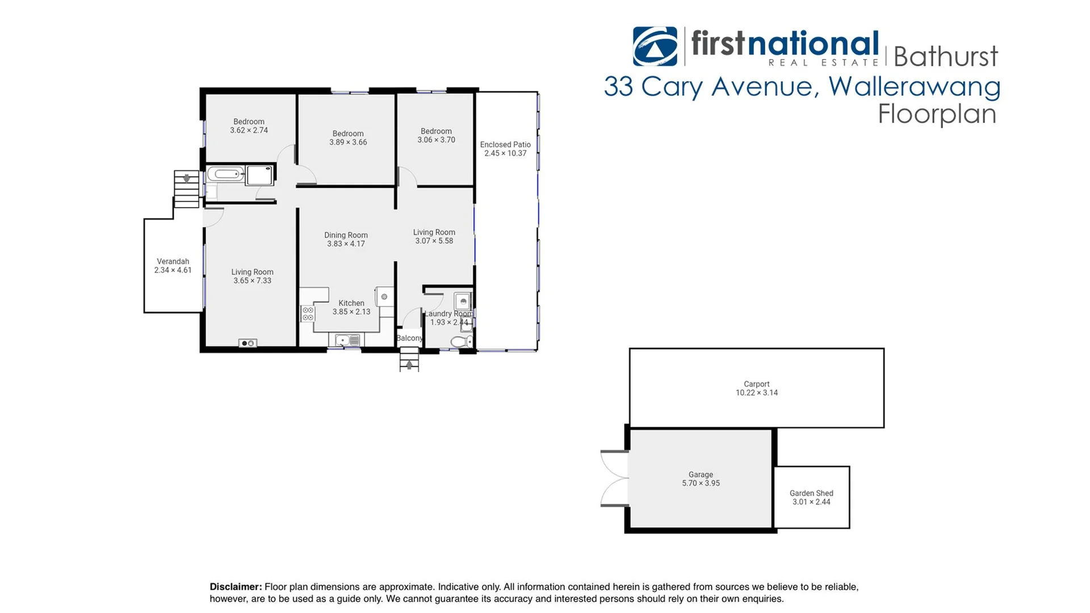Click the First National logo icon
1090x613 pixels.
pyautogui.click(x=655, y=47)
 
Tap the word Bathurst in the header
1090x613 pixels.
pyautogui.click(x=945, y=57)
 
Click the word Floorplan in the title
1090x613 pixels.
pyautogui.click(x=937, y=114)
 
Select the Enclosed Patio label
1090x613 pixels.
pyautogui.click(x=505, y=145)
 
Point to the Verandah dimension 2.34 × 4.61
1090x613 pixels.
pyautogui.click(x=173, y=270)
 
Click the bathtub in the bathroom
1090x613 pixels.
pyautogui.click(x=225, y=174)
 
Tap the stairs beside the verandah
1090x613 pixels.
pyautogui.click(x=186, y=189)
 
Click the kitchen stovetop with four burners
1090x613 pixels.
pyautogui.click(x=308, y=314)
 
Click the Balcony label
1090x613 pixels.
pyautogui.click(x=409, y=338)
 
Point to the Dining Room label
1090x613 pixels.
pyautogui.click(x=346, y=235)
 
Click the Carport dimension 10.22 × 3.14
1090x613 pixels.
pyautogui.click(x=756, y=393)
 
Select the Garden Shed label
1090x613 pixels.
pyautogui.click(x=811, y=493)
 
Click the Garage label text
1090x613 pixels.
pyautogui.click(x=701, y=475)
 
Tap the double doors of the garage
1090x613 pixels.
pyautogui.click(x=615, y=478)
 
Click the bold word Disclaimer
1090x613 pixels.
pyautogui.click(x=236, y=587)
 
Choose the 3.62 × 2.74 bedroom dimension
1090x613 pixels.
pyautogui.click(x=249, y=131)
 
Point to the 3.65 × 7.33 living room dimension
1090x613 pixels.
pyautogui.click(x=252, y=281)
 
